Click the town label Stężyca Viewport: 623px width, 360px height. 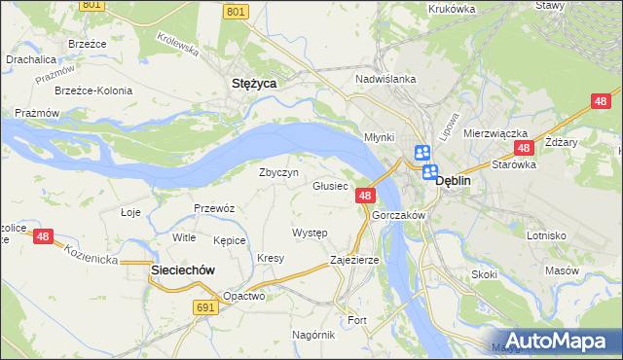[x=253, y=84]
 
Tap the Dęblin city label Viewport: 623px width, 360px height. [x=454, y=180]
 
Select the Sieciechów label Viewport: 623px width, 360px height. [x=181, y=270]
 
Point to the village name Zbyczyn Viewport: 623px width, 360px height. [x=277, y=172]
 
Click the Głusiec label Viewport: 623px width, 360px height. [x=330, y=186]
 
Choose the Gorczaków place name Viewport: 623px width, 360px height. [x=399, y=214]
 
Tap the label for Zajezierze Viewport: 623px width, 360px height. [x=354, y=260]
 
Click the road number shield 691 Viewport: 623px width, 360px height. [x=203, y=307]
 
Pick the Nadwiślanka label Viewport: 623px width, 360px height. [x=386, y=79]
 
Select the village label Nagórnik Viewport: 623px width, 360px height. [x=313, y=334]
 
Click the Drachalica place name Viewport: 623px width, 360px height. [x=29, y=58]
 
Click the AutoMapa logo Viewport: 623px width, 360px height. [x=558, y=341]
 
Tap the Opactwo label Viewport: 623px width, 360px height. [x=243, y=296]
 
